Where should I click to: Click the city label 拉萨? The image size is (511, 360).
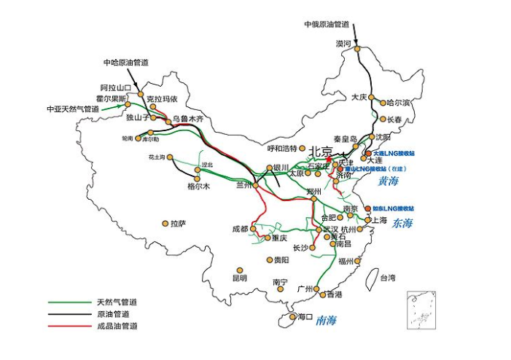pos(178,224)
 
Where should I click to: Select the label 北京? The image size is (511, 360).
pos(321,151)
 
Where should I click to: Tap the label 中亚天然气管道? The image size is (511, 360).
pos(72,109)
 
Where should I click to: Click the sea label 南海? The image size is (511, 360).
pos(326,319)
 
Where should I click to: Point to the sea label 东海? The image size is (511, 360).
pos(402,223)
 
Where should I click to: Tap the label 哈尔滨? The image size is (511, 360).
pos(399,103)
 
